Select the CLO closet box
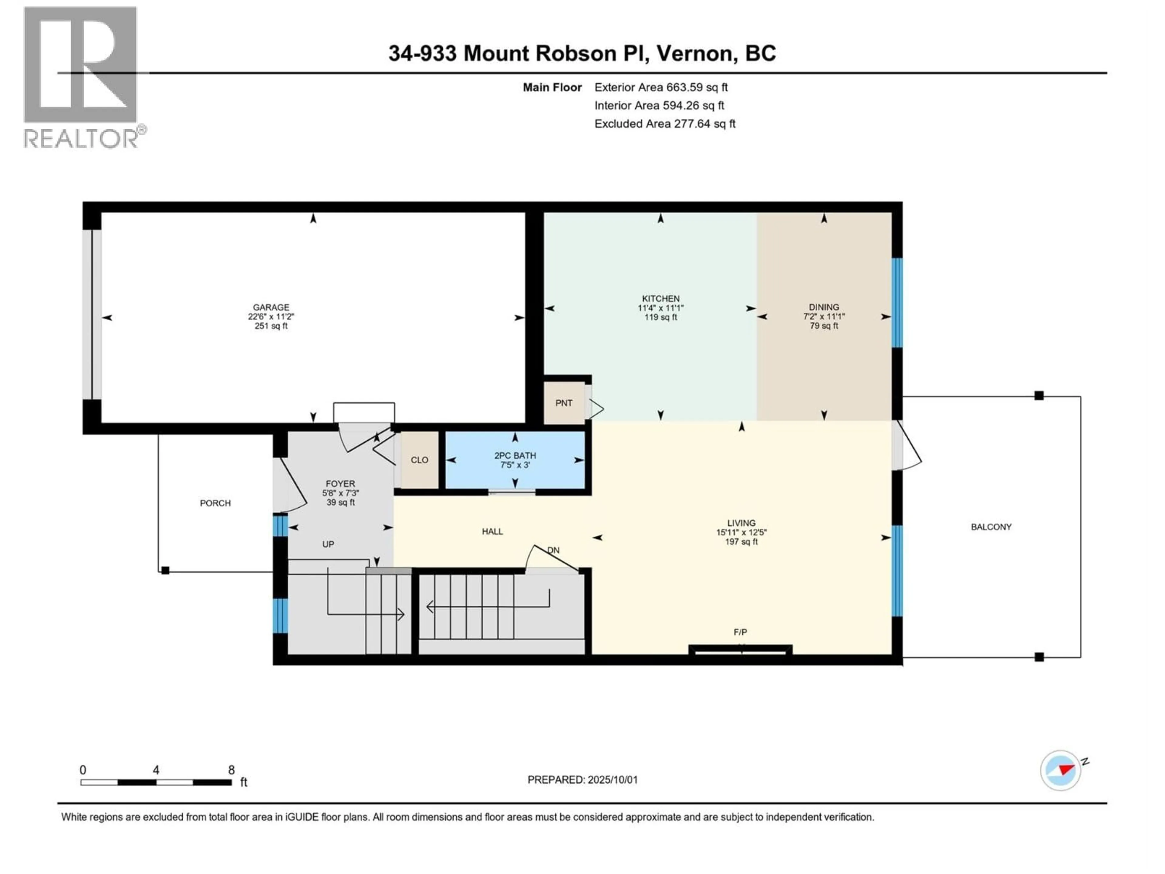tap(420, 460)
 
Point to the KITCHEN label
tap(660, 299)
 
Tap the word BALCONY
tap(991, 527)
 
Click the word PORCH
tap(215, 503)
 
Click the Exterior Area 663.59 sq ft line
tap(661, 87)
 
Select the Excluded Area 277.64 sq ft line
tap(665, 124)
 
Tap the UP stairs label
tap(328, 544)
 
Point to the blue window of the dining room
tap(897, 303)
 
